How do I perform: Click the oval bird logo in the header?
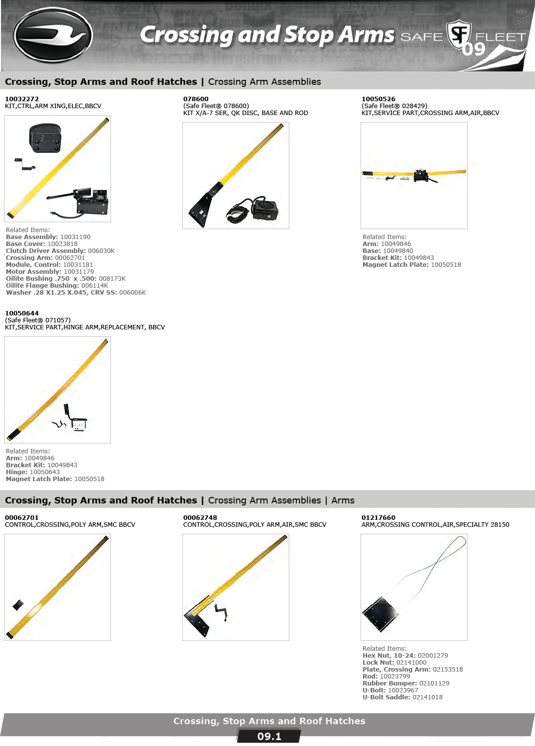click(53, 35)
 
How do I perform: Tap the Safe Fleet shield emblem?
click(459, 35)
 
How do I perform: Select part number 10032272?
click(22, 99)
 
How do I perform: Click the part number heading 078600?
click(196, 99)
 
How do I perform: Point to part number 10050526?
click(378, 99)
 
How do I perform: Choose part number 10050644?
click(22, 313)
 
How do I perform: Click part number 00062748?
click(200, 517)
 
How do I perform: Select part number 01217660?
click(378, 517)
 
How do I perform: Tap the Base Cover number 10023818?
click(62, 244)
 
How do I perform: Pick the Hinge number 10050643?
click(45, 472)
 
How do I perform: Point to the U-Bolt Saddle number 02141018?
click(428, 697)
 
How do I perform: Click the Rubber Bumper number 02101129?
click(434, 683)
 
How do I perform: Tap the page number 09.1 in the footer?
click(269, 737)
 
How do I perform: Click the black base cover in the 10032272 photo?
click(45, 138)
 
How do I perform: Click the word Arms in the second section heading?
click(343, 500)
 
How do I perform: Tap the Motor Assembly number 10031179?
click(79, 271)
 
